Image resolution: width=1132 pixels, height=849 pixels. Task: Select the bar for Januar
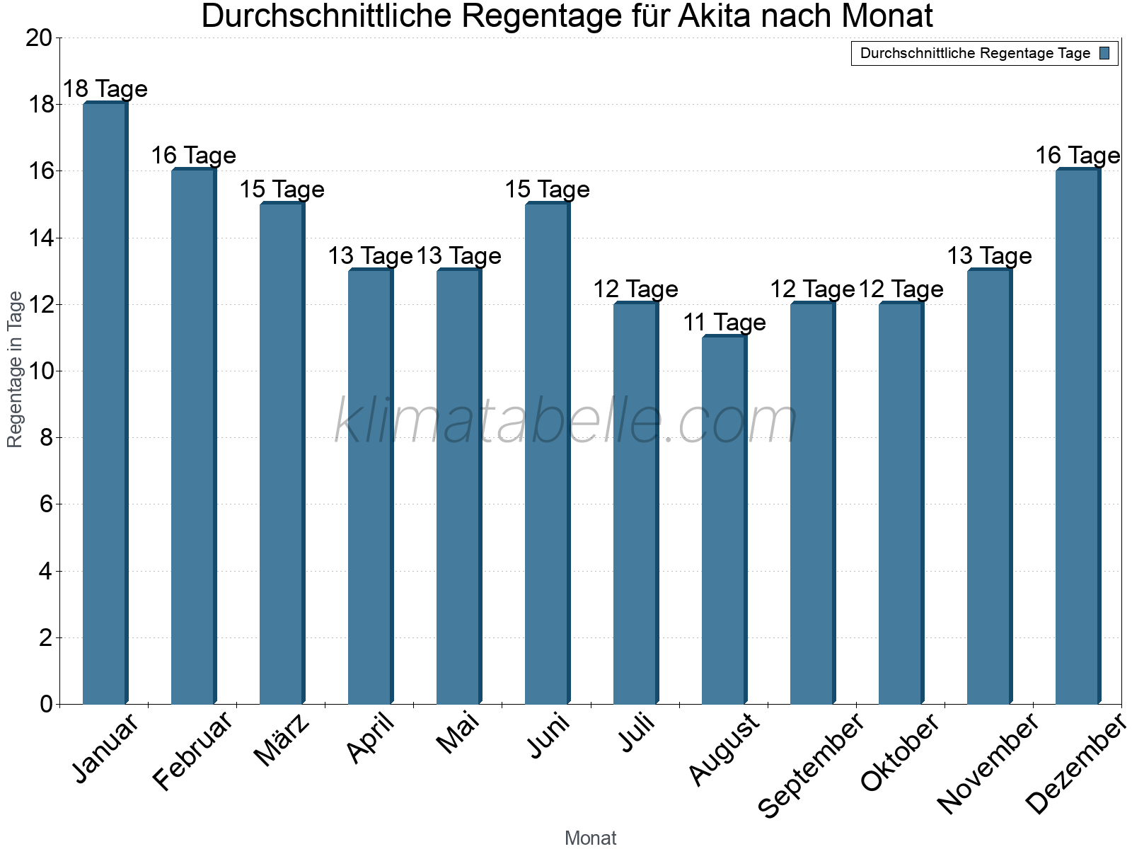click(x=105, y=403)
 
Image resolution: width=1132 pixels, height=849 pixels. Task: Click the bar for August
click(x=724, y=520)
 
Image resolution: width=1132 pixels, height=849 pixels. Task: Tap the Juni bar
click(x=547, y=453)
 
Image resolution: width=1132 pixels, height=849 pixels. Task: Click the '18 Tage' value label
click(x=105, y=89)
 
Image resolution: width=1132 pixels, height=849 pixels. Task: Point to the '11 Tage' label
click(x=724, y=323)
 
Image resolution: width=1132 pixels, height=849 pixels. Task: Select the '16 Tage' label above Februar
click(x=193, y=156)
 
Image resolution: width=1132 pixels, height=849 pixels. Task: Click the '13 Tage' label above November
click(x=989, y=256)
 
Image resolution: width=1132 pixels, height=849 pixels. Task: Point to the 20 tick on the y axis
click(x=39, y=38)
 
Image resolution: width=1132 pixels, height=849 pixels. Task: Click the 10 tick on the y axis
click(x=39, y=371)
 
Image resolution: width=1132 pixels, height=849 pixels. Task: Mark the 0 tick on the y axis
click(x=47, y=705)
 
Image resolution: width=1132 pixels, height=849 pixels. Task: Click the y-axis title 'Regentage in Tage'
click(x=15, y=369)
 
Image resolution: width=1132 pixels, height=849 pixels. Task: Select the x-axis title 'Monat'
click(x=590, y=838)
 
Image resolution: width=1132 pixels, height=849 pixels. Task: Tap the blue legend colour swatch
click(x=1104, y=53)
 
